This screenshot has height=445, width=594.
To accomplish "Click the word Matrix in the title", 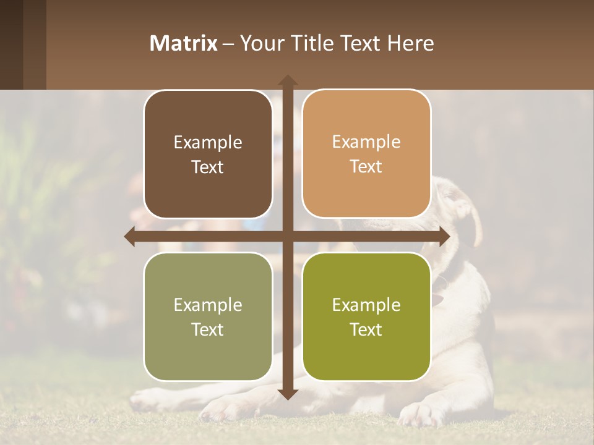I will (184, 43).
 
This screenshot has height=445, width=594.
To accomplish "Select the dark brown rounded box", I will (208, 154).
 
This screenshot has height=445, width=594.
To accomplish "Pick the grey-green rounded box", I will (208, 316).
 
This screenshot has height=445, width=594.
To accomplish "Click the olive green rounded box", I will (366, 316).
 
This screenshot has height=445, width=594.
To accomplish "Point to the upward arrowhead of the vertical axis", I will (287, 80).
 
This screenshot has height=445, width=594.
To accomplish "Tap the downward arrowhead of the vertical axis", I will (287, 394).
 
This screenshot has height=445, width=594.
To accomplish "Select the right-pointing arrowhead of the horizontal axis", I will (444, 237).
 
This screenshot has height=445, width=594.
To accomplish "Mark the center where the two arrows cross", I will (287, 237).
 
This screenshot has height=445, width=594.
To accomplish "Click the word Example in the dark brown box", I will (208, 143).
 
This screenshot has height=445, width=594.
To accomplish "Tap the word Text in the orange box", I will (366, 167).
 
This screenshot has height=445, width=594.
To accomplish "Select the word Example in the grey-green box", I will (208, 305).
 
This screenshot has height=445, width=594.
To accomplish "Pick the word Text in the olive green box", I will (366, 329).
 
